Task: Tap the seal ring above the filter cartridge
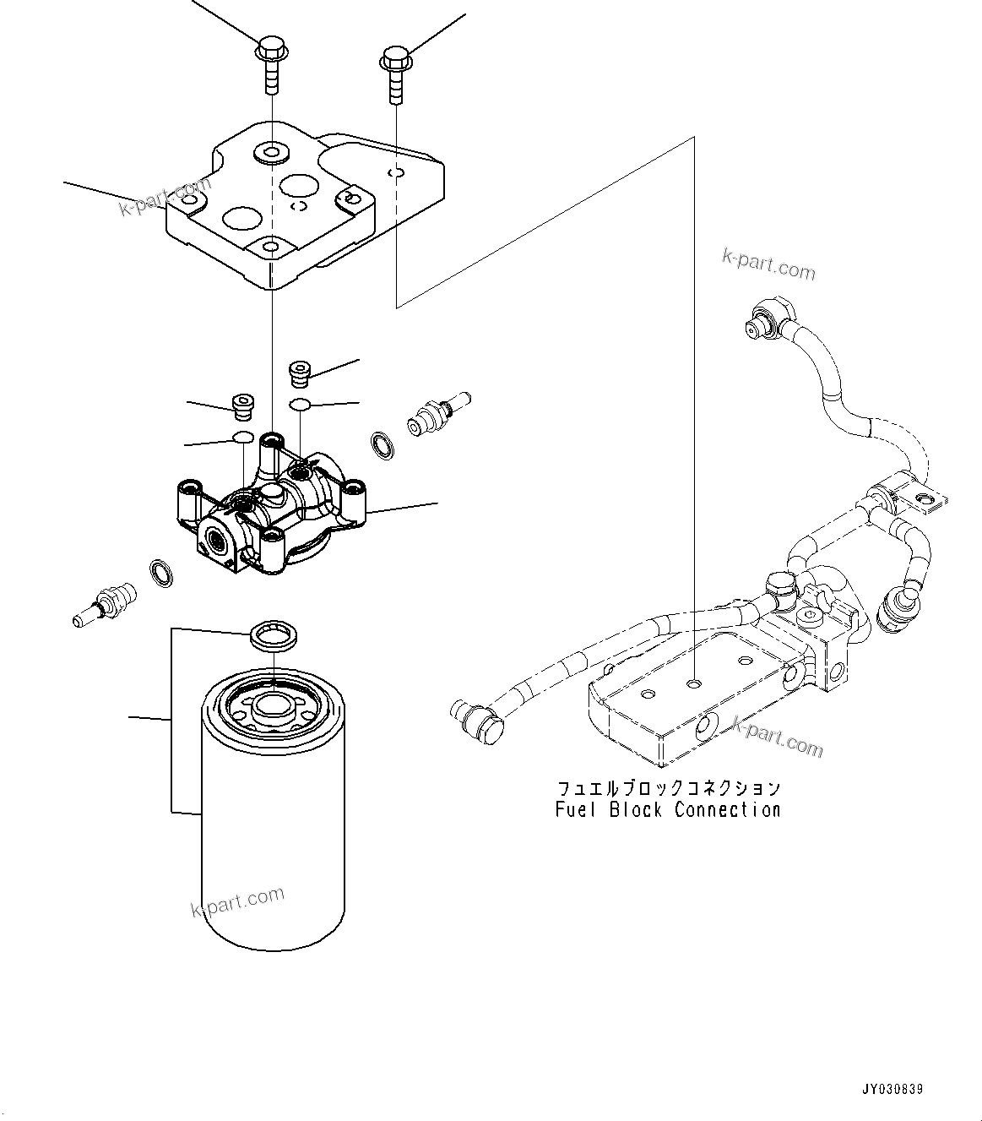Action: click(x=274, y=636)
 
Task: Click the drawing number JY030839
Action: click(x=892, y=1090)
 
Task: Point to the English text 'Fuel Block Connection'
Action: click(x=667, y=810)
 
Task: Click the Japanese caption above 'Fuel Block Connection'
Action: click(x=667, y=788)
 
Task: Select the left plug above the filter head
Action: click(x=243, y=406)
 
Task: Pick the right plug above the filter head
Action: click(x=300, y=372)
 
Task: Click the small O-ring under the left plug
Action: click(x=242, y=438)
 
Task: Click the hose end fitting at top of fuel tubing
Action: click(x=767, y=319)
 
